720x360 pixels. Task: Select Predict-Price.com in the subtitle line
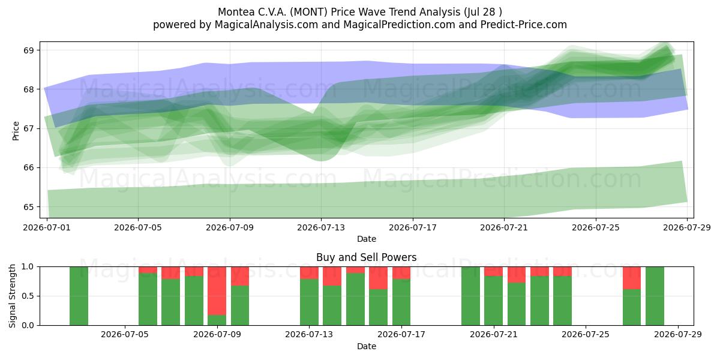click(524, 25)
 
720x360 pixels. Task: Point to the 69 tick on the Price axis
click(29, 50)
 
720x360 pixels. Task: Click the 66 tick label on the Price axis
click(29, 168)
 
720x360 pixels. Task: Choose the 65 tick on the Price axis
click(29, 207)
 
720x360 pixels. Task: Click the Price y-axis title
click(16, 131)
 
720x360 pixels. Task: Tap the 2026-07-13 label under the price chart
click(321, 228)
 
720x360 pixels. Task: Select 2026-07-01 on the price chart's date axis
click(47, 228)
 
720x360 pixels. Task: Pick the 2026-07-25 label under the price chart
click(596, 228)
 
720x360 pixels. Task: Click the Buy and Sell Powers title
click(367, 257)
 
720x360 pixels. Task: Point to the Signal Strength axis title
click(13, 296)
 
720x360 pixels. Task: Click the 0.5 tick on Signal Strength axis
click(28, 296)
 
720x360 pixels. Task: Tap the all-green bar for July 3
click(79, 296)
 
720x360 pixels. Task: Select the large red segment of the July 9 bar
click(217, 291)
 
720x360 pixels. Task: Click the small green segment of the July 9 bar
click(217, 320)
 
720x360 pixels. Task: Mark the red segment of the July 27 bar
click(632, 278)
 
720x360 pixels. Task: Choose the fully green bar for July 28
click(655, 296)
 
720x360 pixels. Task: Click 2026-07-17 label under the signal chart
click(401, 335)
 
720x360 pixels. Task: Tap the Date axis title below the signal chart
click(367, 347)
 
